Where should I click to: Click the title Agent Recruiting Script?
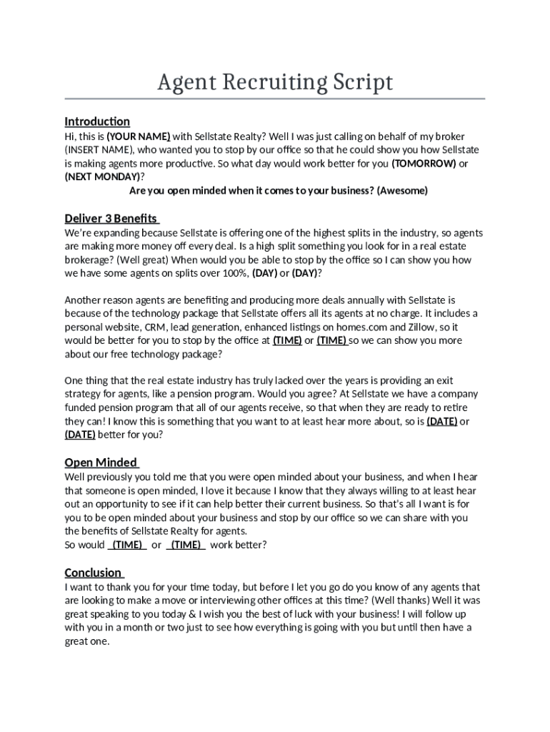[x=275, y=83]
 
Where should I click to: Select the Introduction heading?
[x=97, y=121]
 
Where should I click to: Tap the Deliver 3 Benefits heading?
[x=111, y=218]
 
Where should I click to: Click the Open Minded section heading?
[x=101, y=462]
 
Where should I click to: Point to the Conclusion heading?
[x=94, y=572]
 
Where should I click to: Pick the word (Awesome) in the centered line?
[x=402, y=191]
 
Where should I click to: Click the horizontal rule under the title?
[x=275, y=99]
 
